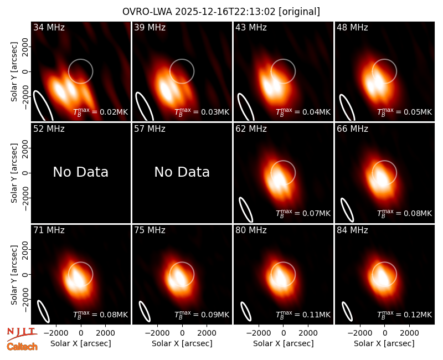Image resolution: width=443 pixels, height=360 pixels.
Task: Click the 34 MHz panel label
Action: pyautogui.click(x=49, y=27)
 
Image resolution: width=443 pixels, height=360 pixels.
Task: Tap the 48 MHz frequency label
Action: pyautogui.click(x=352, y=27)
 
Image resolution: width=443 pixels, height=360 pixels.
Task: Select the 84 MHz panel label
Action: pyautogui.click(x=352, y=230)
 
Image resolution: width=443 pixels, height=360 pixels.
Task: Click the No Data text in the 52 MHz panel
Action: pyautogui.click(x=80, y=172)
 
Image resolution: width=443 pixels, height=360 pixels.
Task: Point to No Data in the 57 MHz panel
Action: pyautogui.click(x=182, y=172)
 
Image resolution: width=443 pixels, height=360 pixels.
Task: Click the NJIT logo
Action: pyautogui.click(x=22, y=333)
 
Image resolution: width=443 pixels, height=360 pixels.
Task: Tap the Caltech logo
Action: pyautogui.click(x=22, y=347)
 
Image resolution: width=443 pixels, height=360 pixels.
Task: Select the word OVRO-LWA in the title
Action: pyautogui.click(x=147, y=12)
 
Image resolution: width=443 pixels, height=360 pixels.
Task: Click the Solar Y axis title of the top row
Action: pyautogui.click(x=14, y=72)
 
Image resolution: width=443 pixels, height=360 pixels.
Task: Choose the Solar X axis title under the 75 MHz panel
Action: pyautogui.click(x=182, y=343)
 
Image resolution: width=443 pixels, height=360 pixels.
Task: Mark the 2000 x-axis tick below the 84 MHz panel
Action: pyautogui.click(x=409, y=333)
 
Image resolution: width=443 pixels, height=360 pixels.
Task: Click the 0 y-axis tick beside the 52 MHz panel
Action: pyautogui.click(x=25, y=173)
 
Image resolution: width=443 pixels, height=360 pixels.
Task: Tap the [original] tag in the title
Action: pyautogui.click(x=299, y=12)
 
